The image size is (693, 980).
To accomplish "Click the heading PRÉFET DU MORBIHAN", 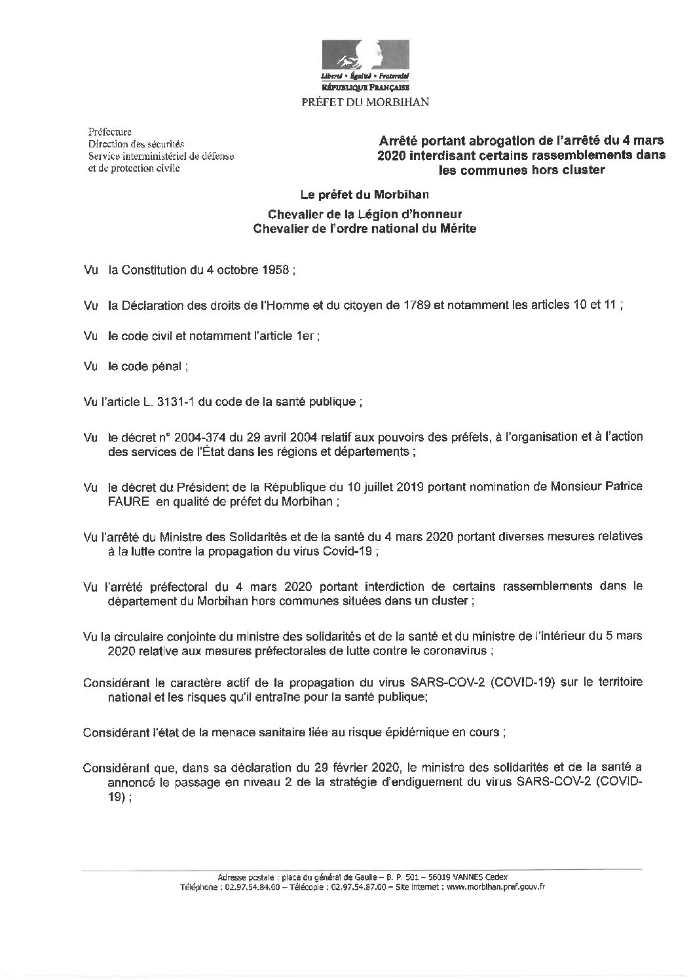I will pos(365,101).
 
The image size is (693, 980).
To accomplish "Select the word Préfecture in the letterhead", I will pos(110,132).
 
